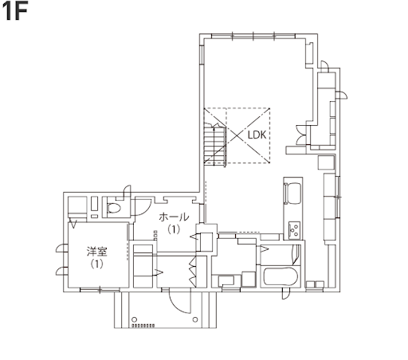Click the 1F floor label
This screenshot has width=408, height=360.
[15, 12]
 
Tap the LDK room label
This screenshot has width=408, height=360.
[257, 135]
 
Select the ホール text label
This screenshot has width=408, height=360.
[174, 217]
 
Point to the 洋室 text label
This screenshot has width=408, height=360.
[97, 252]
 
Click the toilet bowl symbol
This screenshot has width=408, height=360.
[114, 208]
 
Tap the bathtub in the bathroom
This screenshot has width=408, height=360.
[280, 276]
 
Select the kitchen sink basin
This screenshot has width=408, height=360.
[293, 193]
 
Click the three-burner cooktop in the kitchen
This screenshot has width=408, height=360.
[294, 230]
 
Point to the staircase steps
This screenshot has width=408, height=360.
[215, 145]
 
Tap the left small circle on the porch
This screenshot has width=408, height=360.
[135, 319]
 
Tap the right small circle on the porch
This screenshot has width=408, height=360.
[195, 319]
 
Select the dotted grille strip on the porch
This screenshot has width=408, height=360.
[143, 325]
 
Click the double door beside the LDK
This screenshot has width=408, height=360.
[300, 135]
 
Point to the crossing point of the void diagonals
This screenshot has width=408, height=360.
[237, 135]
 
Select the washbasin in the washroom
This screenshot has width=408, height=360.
[226, 280]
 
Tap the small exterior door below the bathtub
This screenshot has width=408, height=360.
[286, 295]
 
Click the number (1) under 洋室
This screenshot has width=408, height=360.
[96, 264]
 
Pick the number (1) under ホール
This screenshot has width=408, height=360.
[174, 229]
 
